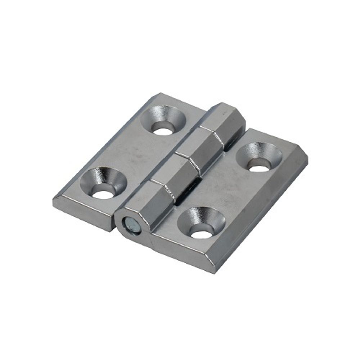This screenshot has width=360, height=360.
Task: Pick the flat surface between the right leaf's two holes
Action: (x=230, y=187)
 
